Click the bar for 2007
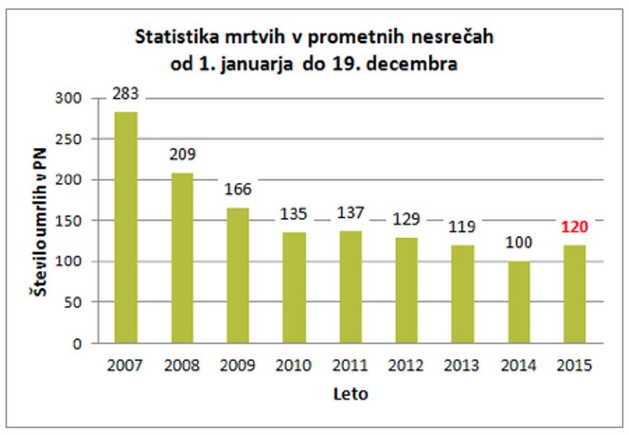(x=126, y=228)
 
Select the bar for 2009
(x=238, y=276)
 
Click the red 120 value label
(x=574, y=227)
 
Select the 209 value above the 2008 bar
(x=182, y=155)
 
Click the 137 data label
(x=350, y=213)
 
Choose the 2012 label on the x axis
(x=406, y=365)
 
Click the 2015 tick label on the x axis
(x=574, y=365)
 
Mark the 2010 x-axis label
(x=294, y=365)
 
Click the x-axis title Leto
(x=351, y=394)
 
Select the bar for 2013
(x=462, y=294)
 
